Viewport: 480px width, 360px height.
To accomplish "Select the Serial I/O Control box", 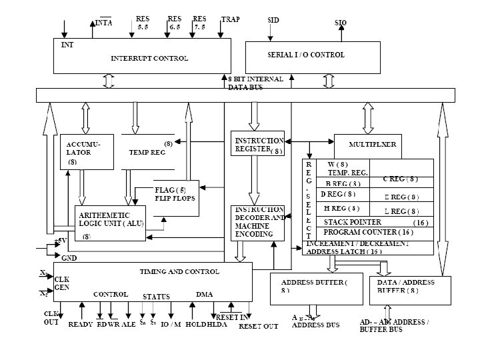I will [306, 54].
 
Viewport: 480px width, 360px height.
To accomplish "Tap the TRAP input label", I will [231, 20].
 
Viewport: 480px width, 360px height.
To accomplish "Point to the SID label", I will [273, 21].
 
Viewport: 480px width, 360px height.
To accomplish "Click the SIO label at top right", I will [340, 23].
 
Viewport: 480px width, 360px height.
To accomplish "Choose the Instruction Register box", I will [258, 145].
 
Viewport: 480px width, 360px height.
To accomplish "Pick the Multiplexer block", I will [373, 144].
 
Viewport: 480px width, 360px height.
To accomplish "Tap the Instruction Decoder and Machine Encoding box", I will [258, 223].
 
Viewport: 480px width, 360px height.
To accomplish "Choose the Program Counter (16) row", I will [368, 232].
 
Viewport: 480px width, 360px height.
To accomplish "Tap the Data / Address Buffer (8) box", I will [409, 287].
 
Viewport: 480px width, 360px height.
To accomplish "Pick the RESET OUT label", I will [258, 326].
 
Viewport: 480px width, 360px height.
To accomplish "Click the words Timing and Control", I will [179, 272].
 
